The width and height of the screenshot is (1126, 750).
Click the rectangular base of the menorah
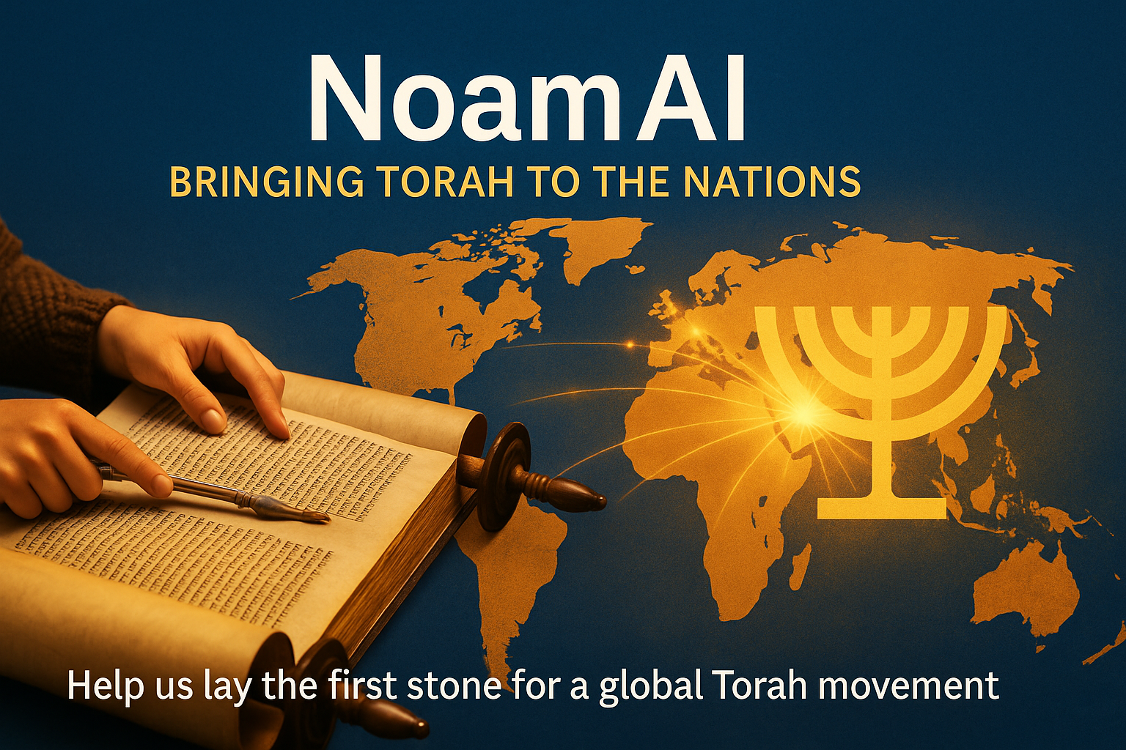pos(881,508)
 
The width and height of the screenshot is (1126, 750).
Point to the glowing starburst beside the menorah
pos(803,412)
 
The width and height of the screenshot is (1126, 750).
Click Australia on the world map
pos(1026,586)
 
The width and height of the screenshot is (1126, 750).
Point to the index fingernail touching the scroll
pos(213,420)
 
